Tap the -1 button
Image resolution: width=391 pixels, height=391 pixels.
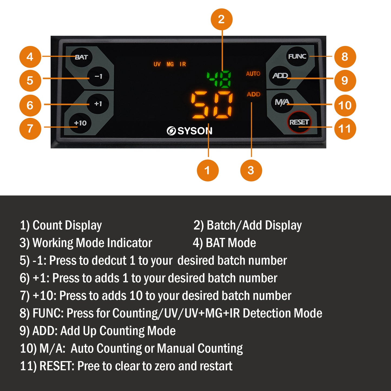(98, 77)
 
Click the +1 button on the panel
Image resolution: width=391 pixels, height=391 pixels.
(98, 104)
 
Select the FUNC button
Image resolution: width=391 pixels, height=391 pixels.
(297, 56)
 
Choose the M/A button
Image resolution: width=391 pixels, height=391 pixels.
(282, 102)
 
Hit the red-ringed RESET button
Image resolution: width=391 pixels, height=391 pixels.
(299, 122)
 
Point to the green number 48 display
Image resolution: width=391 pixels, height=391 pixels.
(219, 79)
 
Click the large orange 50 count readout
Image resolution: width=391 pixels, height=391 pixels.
(212, 105)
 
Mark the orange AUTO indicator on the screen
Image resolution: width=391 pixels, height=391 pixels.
(253, 74)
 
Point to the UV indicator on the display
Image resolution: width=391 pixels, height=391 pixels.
(157, 64)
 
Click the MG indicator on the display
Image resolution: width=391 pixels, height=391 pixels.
(170, 64)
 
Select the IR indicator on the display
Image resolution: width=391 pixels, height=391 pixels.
(183, 64)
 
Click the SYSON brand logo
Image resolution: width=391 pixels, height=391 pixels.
(189, 131)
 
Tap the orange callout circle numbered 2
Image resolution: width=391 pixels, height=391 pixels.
(222, 19)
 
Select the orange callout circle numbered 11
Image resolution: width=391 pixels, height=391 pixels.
(345, 129)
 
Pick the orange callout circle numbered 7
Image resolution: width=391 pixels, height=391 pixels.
(30, 129)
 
